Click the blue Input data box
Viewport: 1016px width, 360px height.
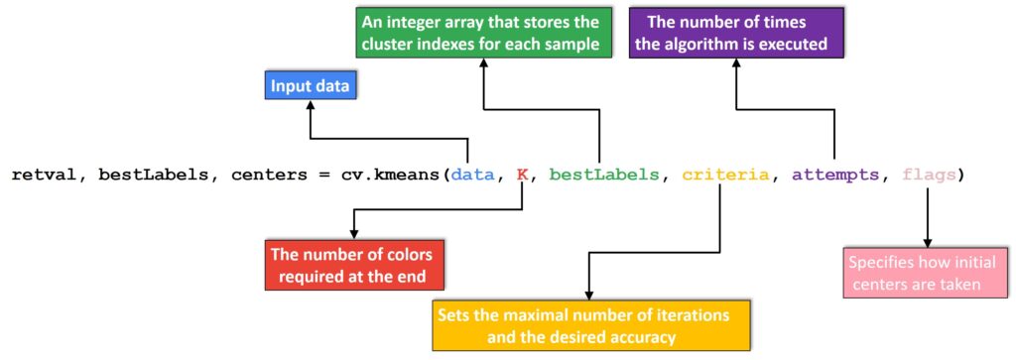[311, 87]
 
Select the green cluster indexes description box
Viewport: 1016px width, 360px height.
[483, 33]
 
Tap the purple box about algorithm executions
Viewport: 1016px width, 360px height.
[735, 33]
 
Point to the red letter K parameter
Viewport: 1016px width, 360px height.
[521, 175]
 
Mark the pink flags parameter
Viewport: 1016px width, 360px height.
[930, 175]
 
